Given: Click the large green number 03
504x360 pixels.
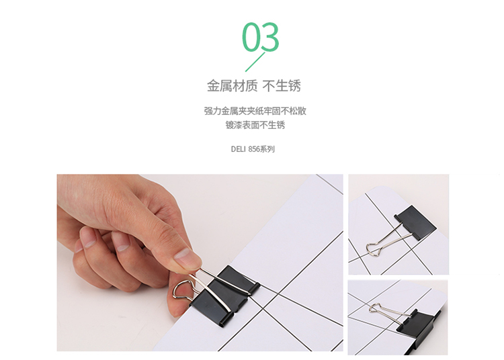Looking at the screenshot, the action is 260,37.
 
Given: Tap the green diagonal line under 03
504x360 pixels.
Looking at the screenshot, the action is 255,62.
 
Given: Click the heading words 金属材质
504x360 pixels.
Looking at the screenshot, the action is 232,86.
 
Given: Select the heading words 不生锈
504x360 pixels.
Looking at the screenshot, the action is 282,86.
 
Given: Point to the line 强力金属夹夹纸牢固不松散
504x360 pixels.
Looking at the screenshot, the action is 255,111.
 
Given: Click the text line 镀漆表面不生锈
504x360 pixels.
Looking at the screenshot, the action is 255,125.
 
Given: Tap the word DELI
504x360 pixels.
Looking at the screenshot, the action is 238,149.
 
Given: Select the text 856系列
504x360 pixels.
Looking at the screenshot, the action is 261,149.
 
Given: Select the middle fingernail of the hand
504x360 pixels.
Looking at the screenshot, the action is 87,238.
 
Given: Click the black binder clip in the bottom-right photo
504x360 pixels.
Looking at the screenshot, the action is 418,324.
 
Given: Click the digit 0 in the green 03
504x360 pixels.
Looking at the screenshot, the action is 251,37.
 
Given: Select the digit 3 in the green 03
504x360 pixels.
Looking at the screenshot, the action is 270,37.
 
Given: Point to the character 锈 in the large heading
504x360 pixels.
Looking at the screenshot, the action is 294,86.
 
